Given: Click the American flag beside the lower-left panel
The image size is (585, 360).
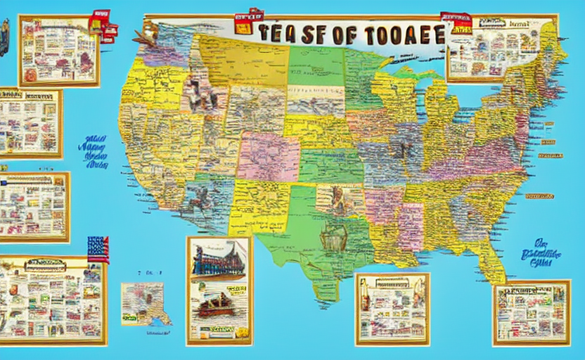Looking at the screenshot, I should click(98, 249).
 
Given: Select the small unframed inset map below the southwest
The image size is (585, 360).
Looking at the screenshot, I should click(143, 303).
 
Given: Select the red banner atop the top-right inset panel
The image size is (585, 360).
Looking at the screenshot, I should click(457, 21).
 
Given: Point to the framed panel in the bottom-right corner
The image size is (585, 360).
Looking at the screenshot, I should click(531, 313).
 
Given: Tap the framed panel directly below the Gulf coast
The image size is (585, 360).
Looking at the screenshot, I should click(392, 309).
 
